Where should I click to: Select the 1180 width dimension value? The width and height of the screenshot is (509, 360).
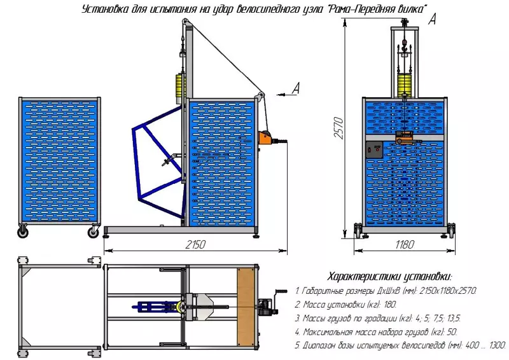[x=404, y=244]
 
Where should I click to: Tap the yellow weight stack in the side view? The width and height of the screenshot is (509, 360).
[x=178, y=85]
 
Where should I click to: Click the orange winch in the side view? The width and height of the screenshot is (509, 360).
[x=266, y=136]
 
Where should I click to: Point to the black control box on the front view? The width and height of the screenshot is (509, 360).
[x=372, y=151]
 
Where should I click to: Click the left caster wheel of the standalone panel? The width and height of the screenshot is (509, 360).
[x=24, y=233]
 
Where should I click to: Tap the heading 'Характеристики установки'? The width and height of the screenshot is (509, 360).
[x=389, y=277]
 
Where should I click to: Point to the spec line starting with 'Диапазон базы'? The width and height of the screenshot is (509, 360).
[x=400, y=345]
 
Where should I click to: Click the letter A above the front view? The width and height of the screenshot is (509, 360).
[x=432, y=20]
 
